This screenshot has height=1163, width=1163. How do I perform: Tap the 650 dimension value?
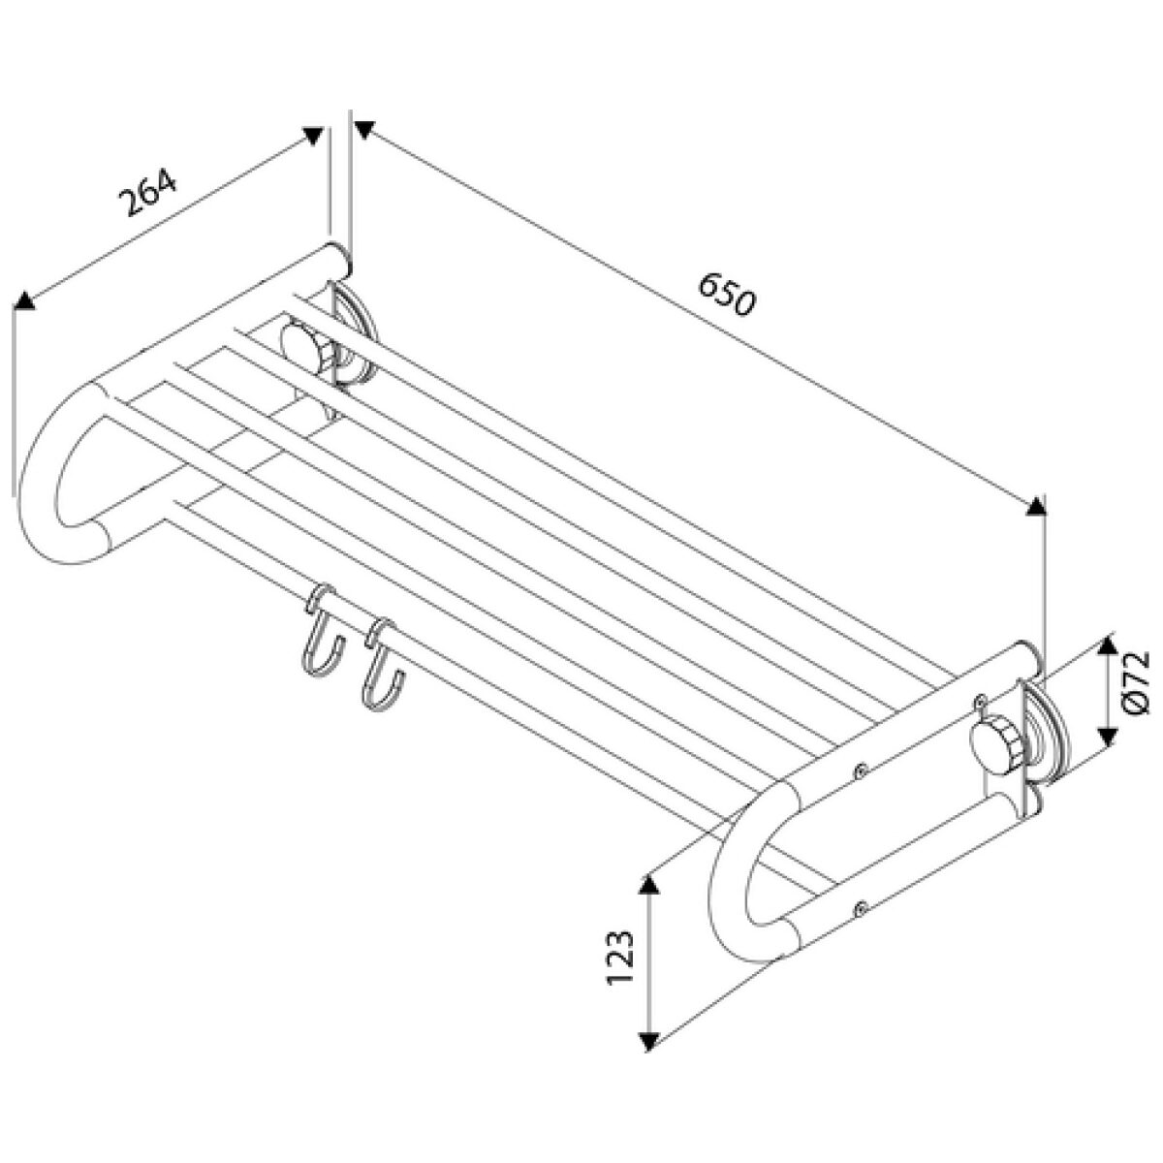726,295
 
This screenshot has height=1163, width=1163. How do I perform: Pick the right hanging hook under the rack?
382,668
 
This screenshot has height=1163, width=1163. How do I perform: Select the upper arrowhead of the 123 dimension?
647,886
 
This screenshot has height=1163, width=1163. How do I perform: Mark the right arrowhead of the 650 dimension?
1036,506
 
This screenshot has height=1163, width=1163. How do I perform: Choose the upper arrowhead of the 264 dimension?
313,136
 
